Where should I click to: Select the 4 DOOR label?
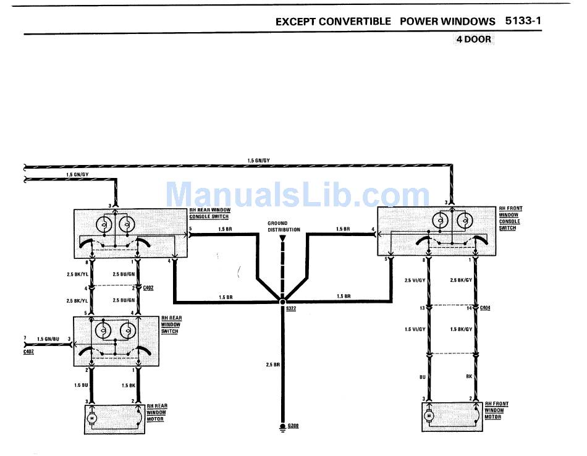[473, 40]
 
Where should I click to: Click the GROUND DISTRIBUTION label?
[284, 226]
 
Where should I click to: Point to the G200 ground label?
[293, 427]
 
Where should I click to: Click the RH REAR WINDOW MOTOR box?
[114, 418]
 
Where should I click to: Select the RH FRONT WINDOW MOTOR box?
[451, 415]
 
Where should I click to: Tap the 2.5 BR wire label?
[273, 365]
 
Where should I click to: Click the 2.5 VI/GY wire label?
[415, 281]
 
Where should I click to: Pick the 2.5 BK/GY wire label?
[461, 281]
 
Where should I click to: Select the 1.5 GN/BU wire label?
[48, 339]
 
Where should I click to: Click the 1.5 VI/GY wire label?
[415, 329]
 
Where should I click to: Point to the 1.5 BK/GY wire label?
[461, 329]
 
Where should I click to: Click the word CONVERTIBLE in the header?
[355, 21]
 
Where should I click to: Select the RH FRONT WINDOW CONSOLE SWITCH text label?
[510, 219]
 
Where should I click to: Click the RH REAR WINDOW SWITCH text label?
[170, 325]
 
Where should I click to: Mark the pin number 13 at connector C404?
[421, 307]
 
